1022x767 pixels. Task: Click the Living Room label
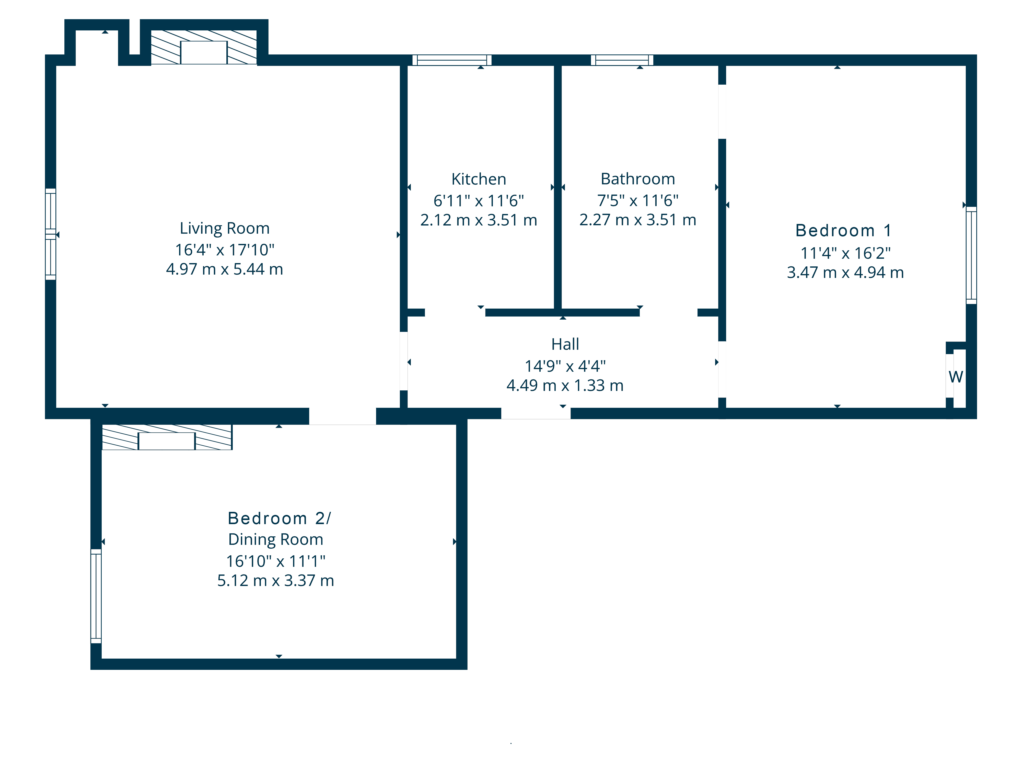(225, 228)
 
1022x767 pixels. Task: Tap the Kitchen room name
(479, 179)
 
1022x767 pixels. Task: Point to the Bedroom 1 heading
(843, 230)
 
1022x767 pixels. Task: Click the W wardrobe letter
(956, 377)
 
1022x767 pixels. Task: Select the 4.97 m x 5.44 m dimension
(225, 269)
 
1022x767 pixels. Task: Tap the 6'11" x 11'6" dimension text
(479, 201)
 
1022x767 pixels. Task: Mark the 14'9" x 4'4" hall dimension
(565, 366)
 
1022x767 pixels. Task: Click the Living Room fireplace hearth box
(204, 52)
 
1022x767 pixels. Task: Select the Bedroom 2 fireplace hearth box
(167, 441)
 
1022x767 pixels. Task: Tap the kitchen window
(452, 60)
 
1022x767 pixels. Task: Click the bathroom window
(622, 60)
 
